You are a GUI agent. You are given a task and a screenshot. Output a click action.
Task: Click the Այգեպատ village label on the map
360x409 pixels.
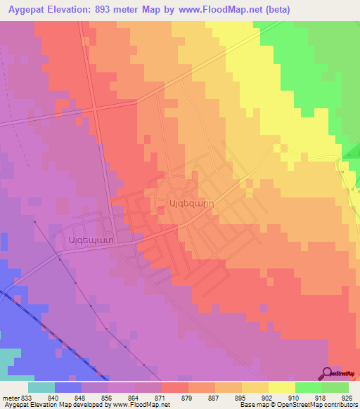[89, 238]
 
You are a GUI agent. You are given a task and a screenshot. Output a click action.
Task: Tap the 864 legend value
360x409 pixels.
[134, 397]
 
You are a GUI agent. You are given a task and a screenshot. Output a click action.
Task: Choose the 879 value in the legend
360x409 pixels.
[188, 397]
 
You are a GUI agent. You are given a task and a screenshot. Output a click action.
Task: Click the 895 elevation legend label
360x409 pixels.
[241, 397]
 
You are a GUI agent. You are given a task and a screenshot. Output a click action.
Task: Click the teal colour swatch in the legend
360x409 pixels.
[41, 387]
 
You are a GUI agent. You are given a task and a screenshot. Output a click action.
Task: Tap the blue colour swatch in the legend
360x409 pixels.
[68, 387]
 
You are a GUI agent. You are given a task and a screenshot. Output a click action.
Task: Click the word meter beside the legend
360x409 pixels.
[9, 397]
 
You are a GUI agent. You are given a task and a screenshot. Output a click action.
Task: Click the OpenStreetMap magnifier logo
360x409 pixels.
[328, 373]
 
